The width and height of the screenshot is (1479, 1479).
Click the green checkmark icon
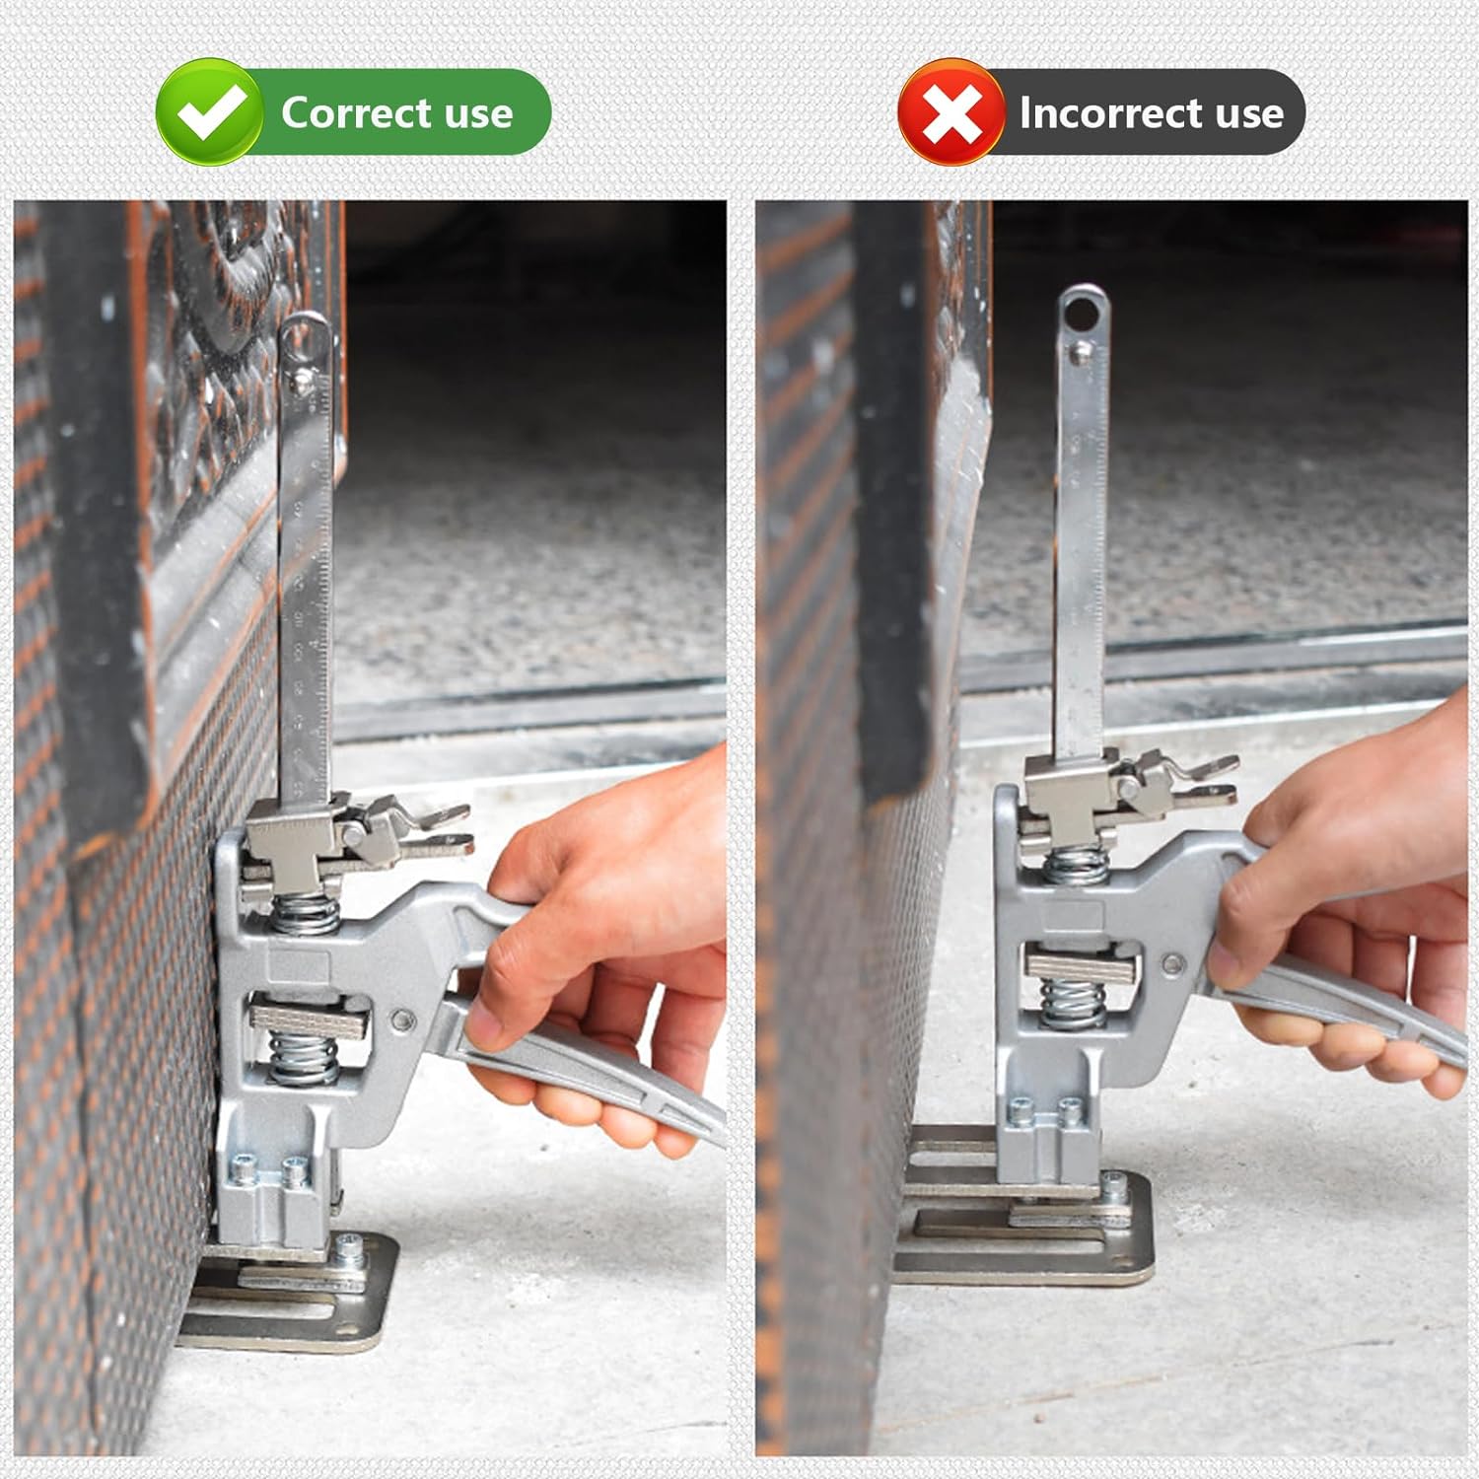(210, 111)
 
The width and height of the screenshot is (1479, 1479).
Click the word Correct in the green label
(356, 112)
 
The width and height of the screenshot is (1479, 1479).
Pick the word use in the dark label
(1249, 115)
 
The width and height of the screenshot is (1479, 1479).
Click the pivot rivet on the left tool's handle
(400, 1019)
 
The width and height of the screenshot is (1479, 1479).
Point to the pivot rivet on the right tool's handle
(1171, 963)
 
